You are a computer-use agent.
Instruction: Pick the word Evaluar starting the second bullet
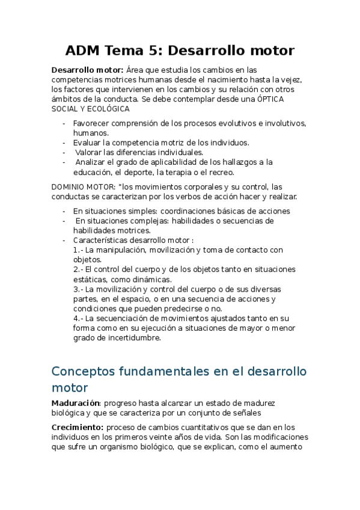(x=88, y=143)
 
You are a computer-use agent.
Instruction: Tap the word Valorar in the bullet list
(x=90, y=152)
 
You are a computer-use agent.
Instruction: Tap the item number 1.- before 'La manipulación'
(x=79, y=250)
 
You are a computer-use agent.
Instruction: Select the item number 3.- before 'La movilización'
(x=79, y=289)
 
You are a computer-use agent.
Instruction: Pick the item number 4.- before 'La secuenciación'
(x=79, y=318)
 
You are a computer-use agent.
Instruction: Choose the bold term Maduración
(x=75, y=402)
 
